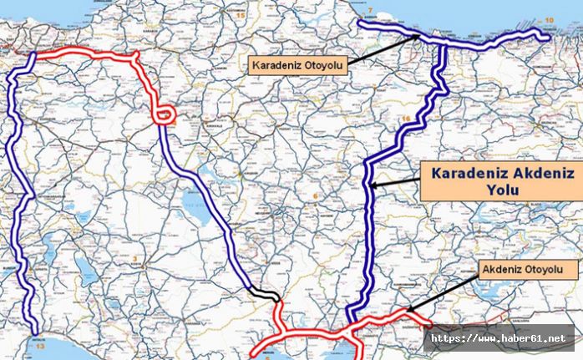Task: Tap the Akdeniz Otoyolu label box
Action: coord(528,270)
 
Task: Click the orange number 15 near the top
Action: coord(241,16)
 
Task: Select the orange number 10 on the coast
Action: coord(549,18)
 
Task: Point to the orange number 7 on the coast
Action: coord(369,9)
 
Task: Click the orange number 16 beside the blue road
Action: coord(405,119)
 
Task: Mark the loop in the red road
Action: coord(165,114)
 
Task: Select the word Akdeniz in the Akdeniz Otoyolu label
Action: coord(506,270)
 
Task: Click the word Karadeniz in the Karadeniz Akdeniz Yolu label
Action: coord(469,174)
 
